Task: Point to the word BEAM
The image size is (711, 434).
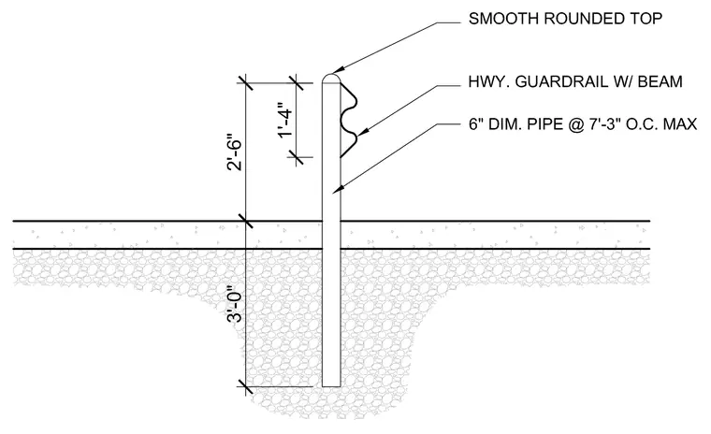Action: coord(660,81)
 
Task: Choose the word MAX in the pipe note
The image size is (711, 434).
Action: coord(680,124)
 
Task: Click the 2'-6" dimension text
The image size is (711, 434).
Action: coord(235,152)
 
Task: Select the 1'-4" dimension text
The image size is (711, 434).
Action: coord(284,120)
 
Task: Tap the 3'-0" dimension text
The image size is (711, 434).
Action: coord(235,304)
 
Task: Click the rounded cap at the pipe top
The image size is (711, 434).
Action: coord(331,78)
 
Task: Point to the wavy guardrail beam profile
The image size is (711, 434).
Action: coord(349,120)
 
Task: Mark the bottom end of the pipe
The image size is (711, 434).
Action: coord(331,386)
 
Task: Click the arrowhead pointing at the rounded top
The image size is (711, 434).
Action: coord(341,69)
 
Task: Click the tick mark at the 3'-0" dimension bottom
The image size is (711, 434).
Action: coord(245,387)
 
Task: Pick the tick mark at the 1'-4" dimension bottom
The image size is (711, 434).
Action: coord(296,157)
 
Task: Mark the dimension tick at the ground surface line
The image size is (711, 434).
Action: coord(245,222)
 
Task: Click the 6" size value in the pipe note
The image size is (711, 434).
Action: coord(473,123)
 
